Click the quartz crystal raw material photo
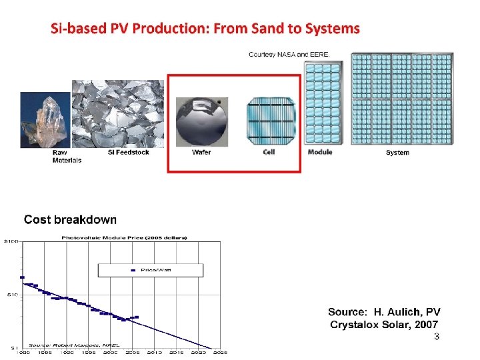[45, 120]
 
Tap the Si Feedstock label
[128, 152]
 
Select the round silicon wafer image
[201, 122]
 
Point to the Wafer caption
[201, 152]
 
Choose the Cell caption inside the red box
[269, 152]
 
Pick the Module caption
[320, 152]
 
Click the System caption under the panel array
[397, 153]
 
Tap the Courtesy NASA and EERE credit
[289, 54]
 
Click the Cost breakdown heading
[70, 219]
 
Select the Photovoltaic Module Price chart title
[124, 237]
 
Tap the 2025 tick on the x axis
[220, 352]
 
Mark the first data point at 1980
[22, 277]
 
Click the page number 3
[436, 337]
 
